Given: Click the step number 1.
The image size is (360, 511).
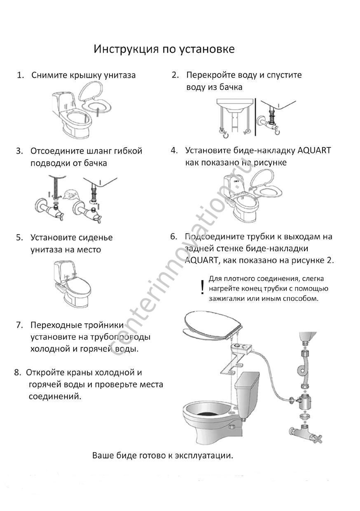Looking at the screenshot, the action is point(19,75).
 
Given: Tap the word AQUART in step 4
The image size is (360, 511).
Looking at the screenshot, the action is point(314,150).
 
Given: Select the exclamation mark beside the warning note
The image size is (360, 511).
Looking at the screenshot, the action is point(202,287).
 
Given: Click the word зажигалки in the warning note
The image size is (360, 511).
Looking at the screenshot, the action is point(227,298).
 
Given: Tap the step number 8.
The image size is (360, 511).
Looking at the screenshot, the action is point(17,373).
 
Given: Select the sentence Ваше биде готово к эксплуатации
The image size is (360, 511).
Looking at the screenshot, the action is point(163,456).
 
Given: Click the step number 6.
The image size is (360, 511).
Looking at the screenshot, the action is point(173,237).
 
